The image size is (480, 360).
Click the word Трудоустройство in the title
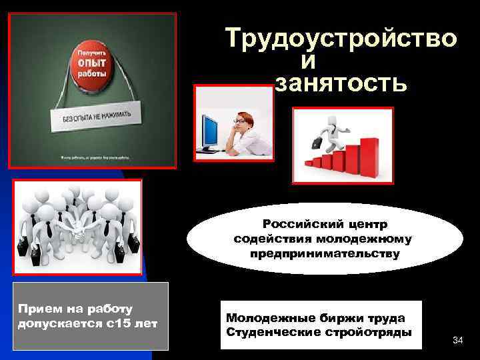click(341, 39)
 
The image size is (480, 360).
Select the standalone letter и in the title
click(307, 61)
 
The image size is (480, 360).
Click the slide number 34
click(457, 341)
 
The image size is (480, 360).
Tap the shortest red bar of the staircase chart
click(309, 162)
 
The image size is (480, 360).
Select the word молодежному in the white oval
click(370, 239)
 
